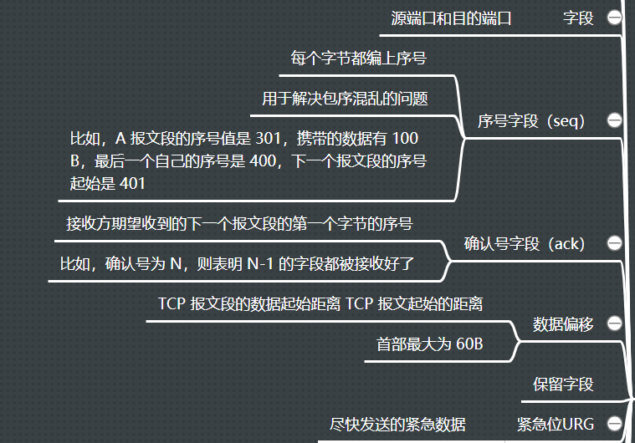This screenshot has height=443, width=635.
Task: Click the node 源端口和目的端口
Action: tap(451, 18)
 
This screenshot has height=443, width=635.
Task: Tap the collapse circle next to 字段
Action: tap(615, 18)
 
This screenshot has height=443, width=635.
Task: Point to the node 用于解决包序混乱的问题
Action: tap(345, 99)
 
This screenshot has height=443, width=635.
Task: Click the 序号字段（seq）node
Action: tap(530, 120)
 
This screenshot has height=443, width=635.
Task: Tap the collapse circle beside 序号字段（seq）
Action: tap(615, 120)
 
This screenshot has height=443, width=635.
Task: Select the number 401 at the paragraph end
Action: tap(132, 183)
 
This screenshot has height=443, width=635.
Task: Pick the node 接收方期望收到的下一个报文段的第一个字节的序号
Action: tap(239, 223)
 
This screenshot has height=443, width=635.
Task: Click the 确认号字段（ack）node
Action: tap(525, 243)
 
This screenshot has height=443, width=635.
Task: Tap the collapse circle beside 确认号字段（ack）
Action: tap(615, 243)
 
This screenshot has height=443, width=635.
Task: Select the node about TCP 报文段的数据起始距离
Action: tap(320, 304)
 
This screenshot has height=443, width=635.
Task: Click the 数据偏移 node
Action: tap(563, 324)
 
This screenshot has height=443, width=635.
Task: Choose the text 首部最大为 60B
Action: tap(430, 344)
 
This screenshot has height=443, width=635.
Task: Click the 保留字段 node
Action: tap(563, 384)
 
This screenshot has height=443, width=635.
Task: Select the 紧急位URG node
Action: tap(556, 424)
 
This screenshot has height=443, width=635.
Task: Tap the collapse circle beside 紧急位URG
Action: tap(615, 424)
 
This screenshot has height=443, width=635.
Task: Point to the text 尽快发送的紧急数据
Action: tap(397, 424)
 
